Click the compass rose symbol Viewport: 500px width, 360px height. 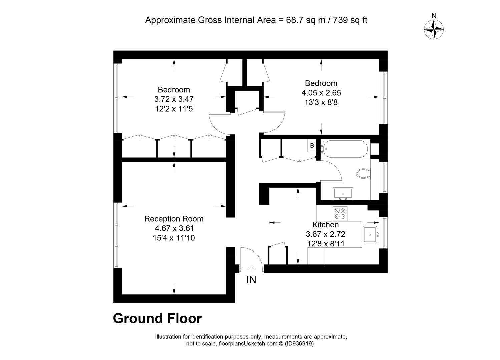[x=434, y=29]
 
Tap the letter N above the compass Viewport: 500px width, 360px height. [x=434, y=16]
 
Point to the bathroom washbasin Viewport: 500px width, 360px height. [x=343, y=194]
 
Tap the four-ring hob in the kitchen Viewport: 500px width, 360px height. [x=340, y=213]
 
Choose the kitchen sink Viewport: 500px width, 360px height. [x=370, y=235]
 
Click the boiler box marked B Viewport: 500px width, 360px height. [x=312, y=145]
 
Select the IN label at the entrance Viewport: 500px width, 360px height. [x=251, y=280]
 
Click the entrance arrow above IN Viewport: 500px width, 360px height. [x=252, y=269]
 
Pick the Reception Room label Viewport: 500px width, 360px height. [x=174, y=219]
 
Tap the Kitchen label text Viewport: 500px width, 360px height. [x=325, y=225]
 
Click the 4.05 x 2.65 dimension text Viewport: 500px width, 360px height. [x=321, y=93]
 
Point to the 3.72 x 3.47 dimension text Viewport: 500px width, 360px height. [x=174, y=99]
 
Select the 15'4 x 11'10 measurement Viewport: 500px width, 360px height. [x=174, y=238]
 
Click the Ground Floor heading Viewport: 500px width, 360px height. [x=157, y=318]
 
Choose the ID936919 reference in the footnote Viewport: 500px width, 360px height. [x=299, y=343]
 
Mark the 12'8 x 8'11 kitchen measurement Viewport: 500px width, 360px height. [x=326, y=244]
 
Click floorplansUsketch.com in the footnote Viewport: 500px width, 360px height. [x=248, y=343]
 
